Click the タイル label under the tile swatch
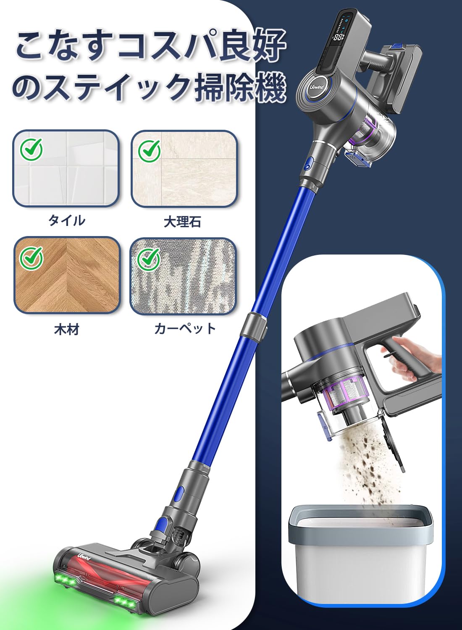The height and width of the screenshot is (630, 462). tap(67, 220)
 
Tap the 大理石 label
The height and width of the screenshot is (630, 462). tap(182, 221)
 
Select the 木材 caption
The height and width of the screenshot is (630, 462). tap(67, 329)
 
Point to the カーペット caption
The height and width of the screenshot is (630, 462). tap(185, 328)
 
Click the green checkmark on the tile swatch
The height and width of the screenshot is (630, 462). tap(31, 149)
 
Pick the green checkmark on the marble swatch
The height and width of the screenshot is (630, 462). tap(150, 150)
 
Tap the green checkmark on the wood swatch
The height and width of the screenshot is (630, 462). tap(31, 257)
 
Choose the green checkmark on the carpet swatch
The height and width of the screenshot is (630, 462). tap(148, 258)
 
